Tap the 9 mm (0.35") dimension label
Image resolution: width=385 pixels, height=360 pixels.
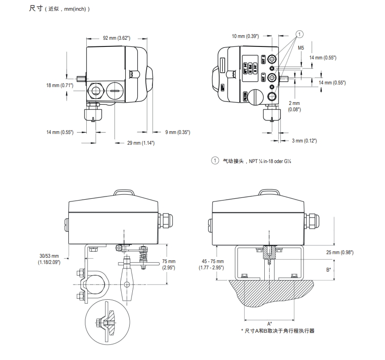point(178,132)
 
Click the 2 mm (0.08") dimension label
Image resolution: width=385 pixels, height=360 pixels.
point(295,106)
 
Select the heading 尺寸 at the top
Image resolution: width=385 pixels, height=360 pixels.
point(35,9)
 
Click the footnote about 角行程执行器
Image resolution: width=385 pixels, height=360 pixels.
point(281,331)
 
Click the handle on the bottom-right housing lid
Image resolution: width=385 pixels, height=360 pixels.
point(268,193)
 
